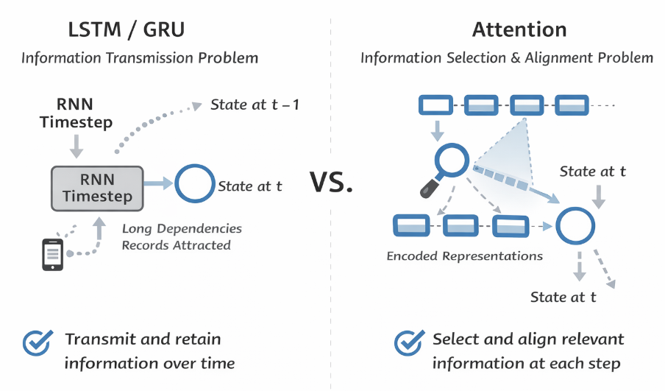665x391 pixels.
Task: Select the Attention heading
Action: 519,30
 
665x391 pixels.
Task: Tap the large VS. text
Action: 331,182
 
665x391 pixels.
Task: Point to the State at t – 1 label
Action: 255,105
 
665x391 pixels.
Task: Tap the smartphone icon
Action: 52,252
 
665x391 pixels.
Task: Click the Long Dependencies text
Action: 182,228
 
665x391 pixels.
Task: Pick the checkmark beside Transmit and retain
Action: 38,342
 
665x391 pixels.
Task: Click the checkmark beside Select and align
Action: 408,342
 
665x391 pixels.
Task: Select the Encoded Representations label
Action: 465,256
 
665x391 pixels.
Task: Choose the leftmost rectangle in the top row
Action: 436,105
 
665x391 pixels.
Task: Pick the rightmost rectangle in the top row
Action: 572,105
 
